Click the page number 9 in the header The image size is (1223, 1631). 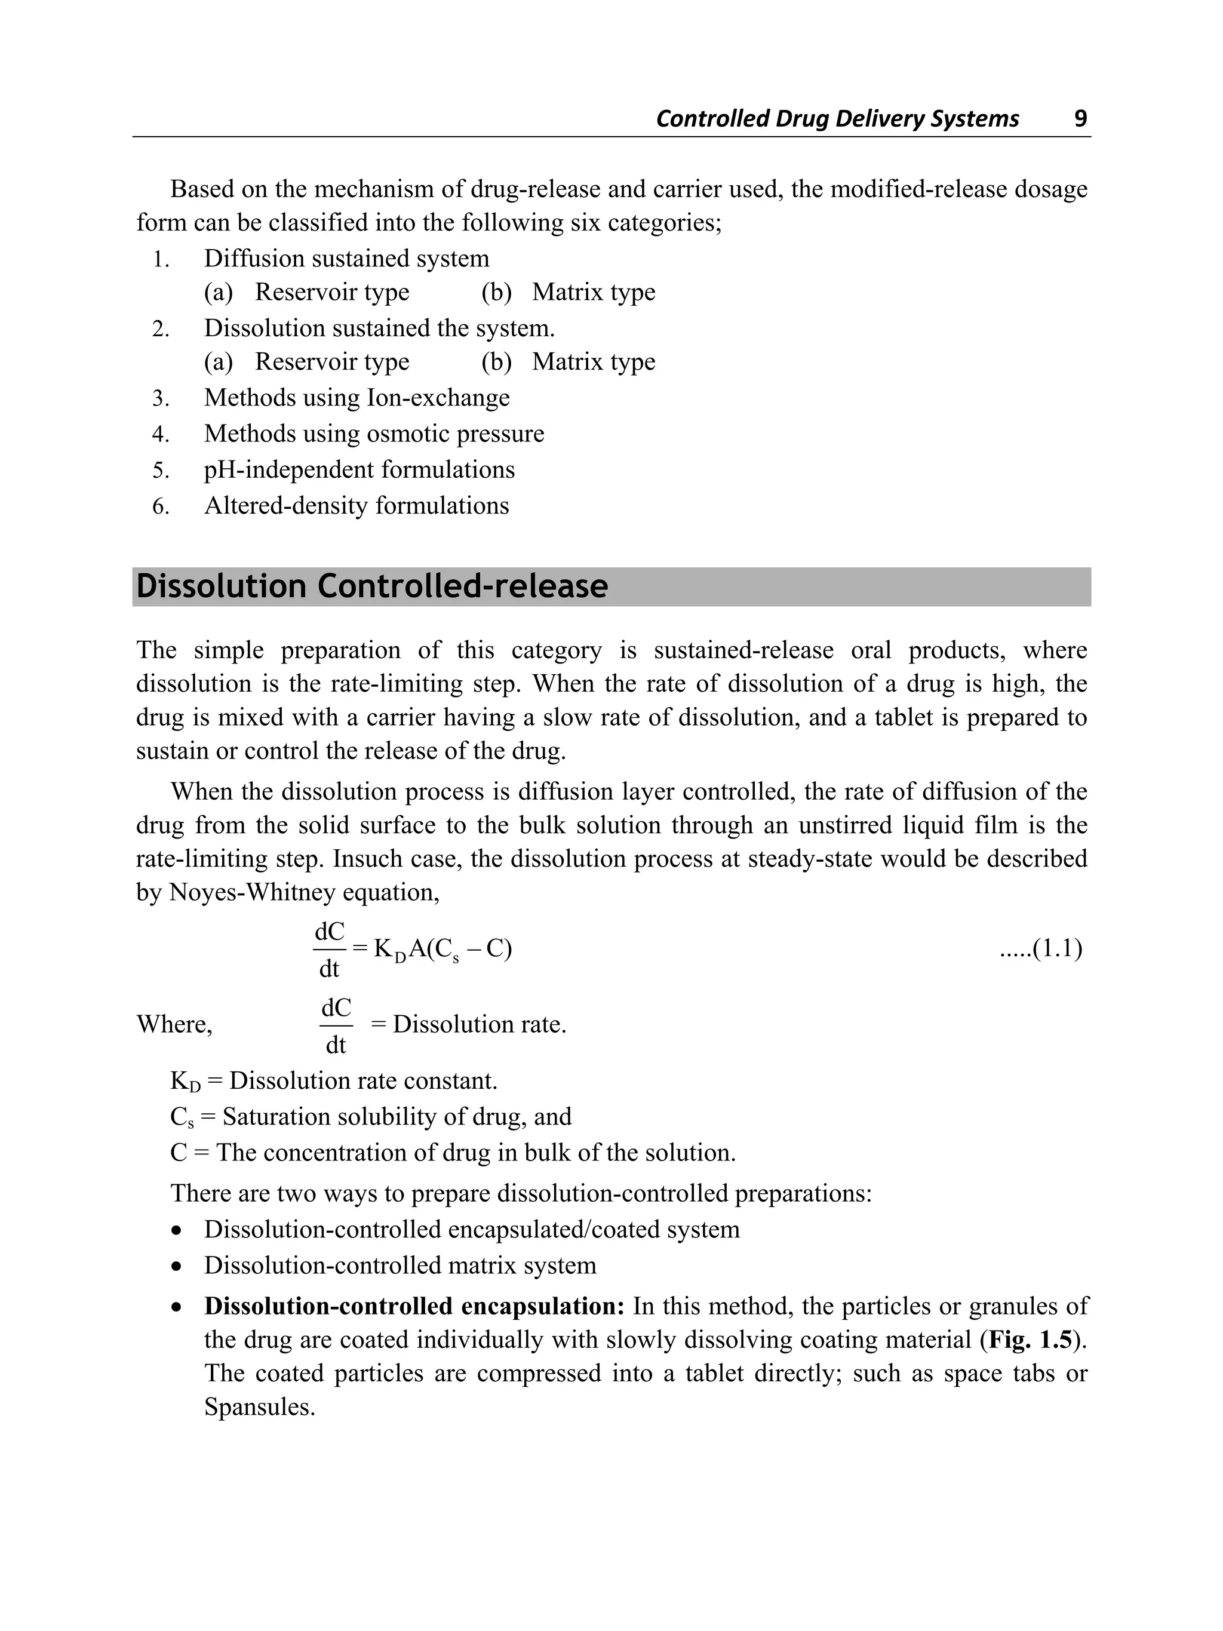[1080, 119]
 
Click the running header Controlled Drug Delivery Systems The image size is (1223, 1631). [837, 119]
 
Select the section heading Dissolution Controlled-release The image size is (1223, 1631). [372, 587]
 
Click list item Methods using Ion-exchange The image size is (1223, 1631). [357, 398]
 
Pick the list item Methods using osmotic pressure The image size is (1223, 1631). [374, 434]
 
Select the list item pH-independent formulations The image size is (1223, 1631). [359, 469]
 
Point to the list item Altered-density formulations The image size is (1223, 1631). [356, 506]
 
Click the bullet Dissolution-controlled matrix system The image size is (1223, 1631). [400, 1266]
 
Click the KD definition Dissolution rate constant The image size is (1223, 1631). [362, 1081]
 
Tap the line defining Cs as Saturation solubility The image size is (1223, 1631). [371, 1116]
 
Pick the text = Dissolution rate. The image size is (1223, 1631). [469, 1024]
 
